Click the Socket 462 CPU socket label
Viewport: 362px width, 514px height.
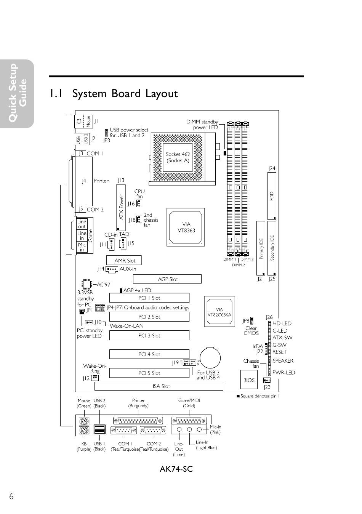[x=178, y=157]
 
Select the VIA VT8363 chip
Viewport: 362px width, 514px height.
[x=186, y=227]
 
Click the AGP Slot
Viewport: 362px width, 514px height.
[x=167, y=279]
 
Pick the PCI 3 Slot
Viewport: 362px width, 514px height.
[x=149, y=336]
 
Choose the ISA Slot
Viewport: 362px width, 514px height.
[x=159, y=386]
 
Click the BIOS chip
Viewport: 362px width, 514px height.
[x=248, y=380]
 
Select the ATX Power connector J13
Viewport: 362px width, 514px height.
[x=121, y=208]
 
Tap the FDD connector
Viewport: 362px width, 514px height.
[x=272, y=196]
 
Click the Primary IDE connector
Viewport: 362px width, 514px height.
[x=261, y=248]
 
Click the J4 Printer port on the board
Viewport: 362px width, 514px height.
[x=84, y=181]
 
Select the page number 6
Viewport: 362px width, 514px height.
[x=11, y=496]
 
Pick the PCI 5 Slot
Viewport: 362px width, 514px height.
[x=149, y=373]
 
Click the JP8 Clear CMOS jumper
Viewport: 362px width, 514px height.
[x=252, y=321]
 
